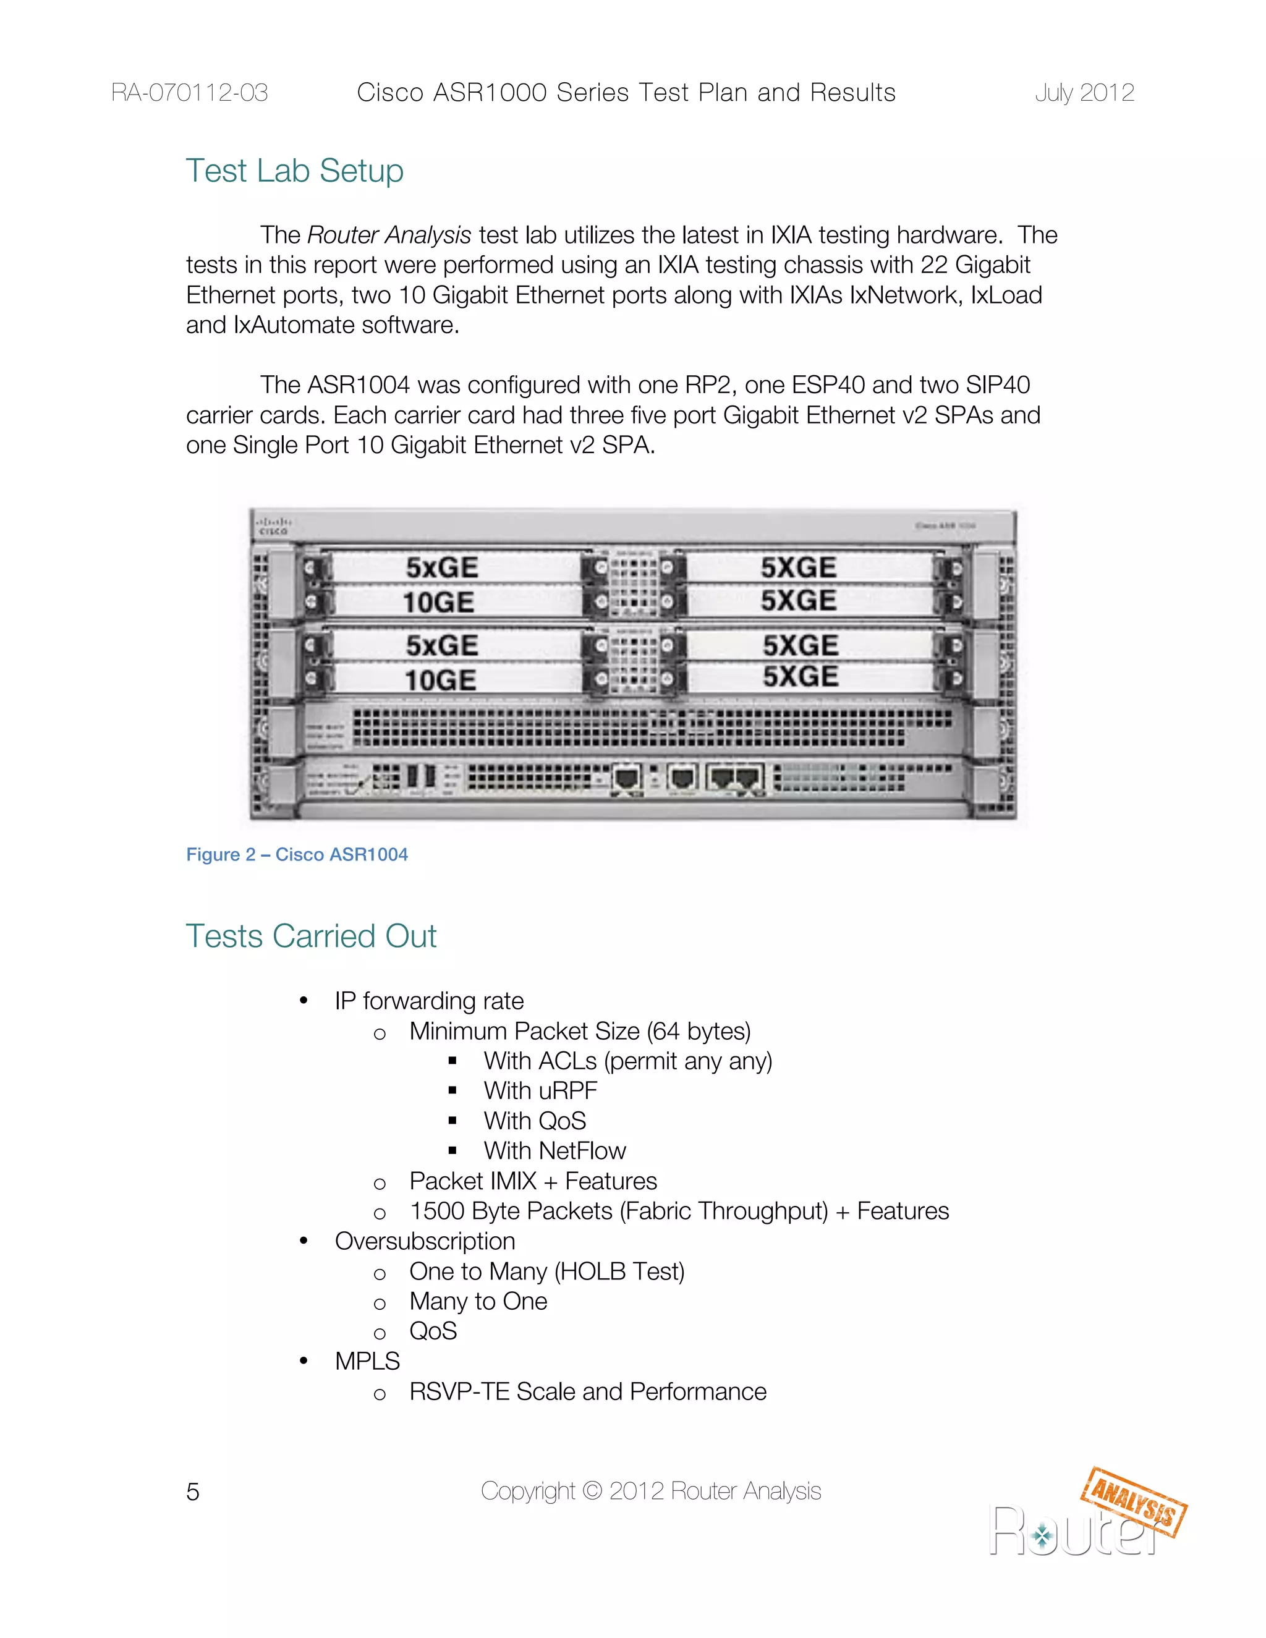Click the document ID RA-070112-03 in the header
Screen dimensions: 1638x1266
coord(189,93)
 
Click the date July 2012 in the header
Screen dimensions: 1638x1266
coord(1084,93)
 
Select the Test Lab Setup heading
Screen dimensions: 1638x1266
coord(295,171)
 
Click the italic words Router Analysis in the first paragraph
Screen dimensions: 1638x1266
coord(389,236)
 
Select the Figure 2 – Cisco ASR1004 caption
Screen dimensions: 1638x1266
coord(297,854)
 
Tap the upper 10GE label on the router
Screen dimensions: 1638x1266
coord(439,602)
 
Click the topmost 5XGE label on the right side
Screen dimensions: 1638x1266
coord(799,568)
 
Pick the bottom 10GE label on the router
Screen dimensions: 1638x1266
coord(440,681)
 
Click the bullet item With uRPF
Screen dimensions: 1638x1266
coord(540,1090)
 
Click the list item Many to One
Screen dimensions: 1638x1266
coord(478,1301)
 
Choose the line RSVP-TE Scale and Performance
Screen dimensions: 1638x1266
coord(587,1391)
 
